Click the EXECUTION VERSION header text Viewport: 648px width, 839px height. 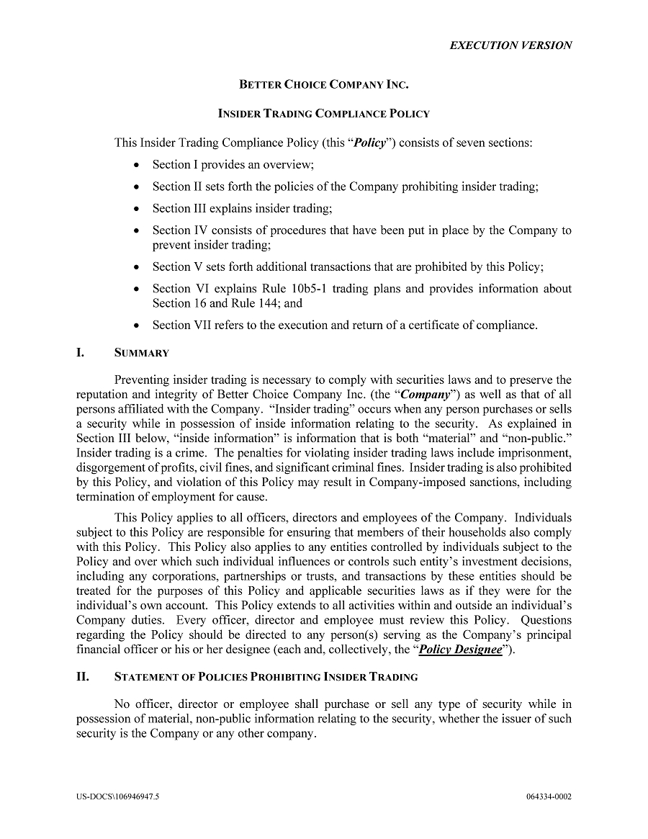510,45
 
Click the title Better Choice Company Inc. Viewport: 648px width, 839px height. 323,84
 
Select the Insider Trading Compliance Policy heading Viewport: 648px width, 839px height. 323,113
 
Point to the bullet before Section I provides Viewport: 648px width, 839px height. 137,165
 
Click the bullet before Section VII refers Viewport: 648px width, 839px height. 137,326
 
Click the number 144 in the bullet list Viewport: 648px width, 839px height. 273,303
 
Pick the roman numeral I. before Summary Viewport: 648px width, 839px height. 81,353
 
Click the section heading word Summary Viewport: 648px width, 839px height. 142,353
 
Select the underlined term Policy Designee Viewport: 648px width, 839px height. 460,649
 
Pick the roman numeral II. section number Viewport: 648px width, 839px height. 83,677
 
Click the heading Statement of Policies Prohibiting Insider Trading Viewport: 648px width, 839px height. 266,677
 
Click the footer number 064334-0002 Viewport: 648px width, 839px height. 549,797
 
